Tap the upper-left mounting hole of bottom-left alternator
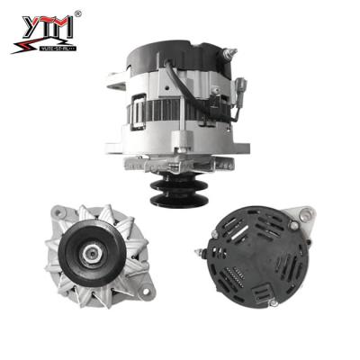58,213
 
